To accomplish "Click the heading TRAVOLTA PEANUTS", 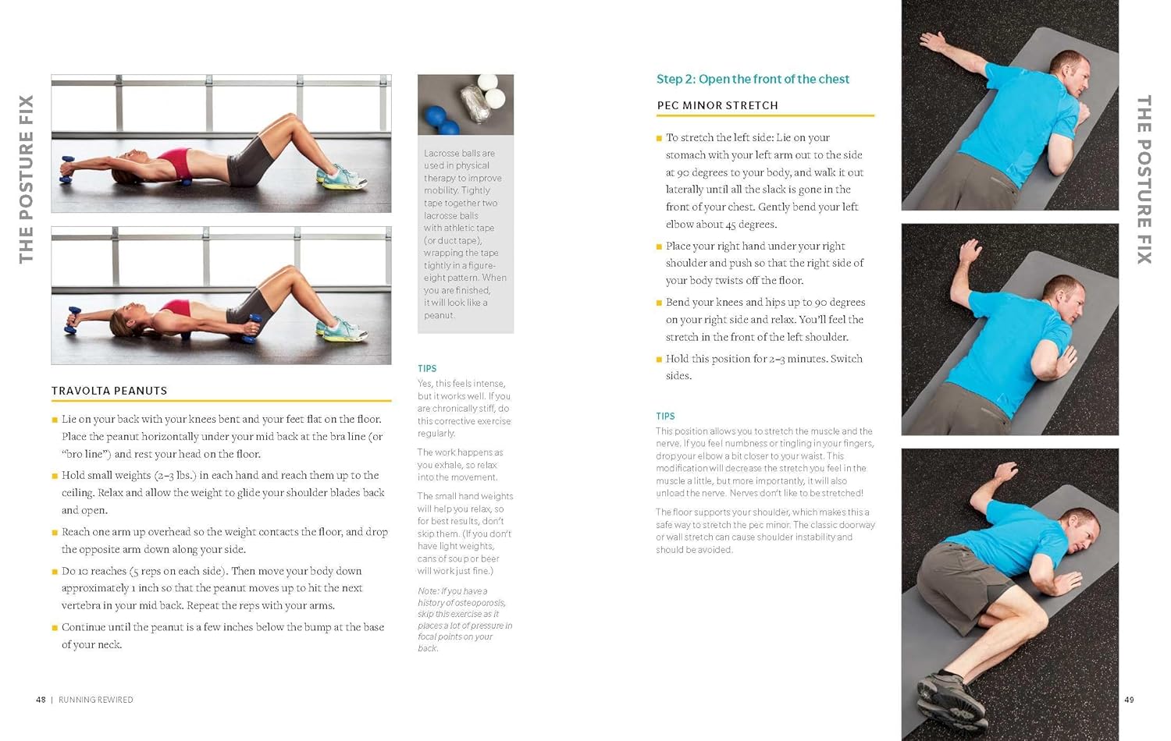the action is pyautogui.click(x=109, y=391).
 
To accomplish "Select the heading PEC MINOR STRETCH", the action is pyautogui.click(x=717, y=105).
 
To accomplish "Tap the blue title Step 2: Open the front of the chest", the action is pyautogui.click(x=753, y=79).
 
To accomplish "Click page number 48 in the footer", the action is pyautogui.click(x=41, y=700).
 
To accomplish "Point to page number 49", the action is pyautogui.click(x=1129, y=700).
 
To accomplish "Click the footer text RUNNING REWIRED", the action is pyautogui.click(x=96, y=700).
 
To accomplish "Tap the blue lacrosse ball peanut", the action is pyautogui.click(x=441, y=121).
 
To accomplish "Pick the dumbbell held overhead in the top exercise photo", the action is pyautogui.click(x=66, y=170).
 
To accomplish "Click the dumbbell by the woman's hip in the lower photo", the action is pyautogui.click(x=254, y=328).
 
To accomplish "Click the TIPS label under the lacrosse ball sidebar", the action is pyautogui.click(x=427, y=369).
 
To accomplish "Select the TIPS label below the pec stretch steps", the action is pyautogui.click(x=665, y=417).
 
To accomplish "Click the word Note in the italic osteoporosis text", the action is pyautogui.click(x=427, y=591).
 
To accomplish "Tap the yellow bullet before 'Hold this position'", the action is pyautogui.click(x=659, y=360).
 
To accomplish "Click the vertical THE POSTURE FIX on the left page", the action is pyautogui.click(x=26, y=179).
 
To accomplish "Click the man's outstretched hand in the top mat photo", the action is pyautogui.click(x=933, y=40).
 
